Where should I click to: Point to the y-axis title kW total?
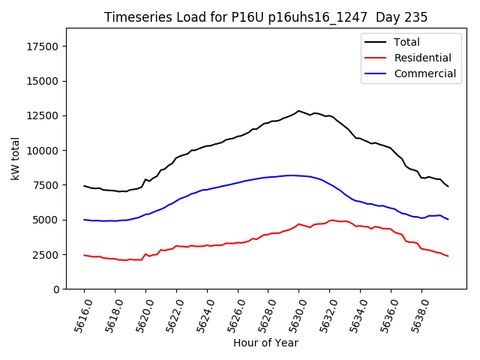pos(15,158)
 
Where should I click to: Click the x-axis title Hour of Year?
pos(265,343)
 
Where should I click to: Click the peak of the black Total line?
pos(298,111)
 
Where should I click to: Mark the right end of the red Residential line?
pos(448,256)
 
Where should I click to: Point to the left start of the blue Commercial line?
pos(84,220)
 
